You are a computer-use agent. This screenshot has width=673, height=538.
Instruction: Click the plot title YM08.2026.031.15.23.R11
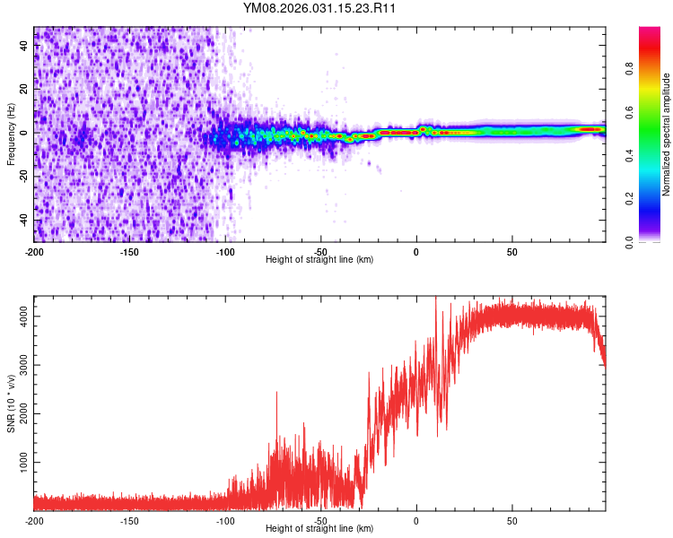[320, 9]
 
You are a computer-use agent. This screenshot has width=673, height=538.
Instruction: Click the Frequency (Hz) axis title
[11, 134]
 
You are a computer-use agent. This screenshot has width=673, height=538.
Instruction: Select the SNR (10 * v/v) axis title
[11, 403]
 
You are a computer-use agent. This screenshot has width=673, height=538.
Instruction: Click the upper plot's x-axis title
[319, 259]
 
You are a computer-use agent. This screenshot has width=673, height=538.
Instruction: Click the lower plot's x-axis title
[319, 528]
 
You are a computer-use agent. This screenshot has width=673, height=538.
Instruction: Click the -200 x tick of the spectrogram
[34, 251]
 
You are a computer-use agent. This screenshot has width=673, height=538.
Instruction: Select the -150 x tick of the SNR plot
[129, 520]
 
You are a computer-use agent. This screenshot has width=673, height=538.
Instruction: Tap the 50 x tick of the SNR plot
[511, 520]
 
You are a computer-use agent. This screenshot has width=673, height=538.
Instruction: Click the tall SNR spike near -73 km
[276, 394]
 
